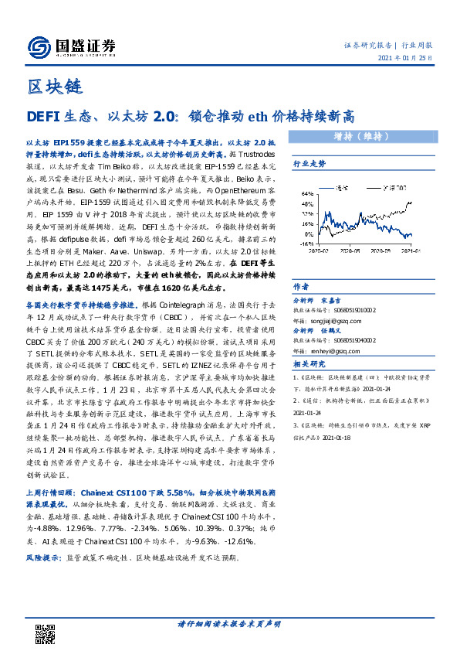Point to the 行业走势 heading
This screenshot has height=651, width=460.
pos(309,164)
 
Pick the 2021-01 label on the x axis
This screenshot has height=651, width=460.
pos(408,251)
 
